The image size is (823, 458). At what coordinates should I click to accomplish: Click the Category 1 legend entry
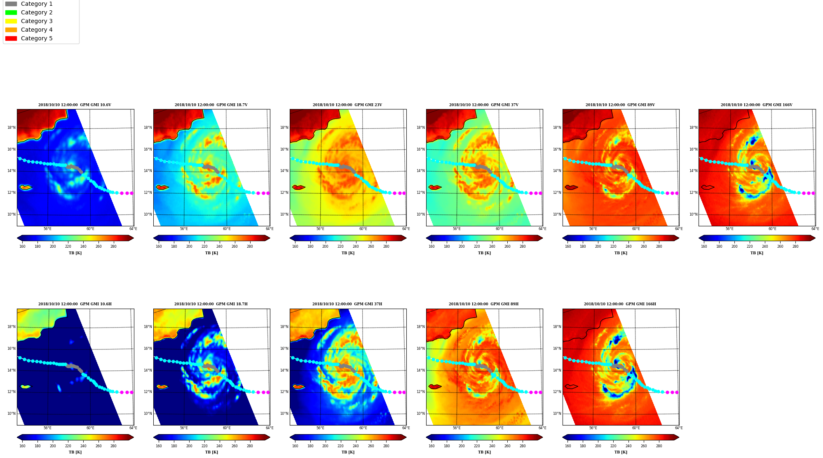click(29, 4)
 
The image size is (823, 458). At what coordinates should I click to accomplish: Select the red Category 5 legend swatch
click(11, 38)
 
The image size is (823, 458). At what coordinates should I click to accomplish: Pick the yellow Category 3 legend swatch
click(11, 21)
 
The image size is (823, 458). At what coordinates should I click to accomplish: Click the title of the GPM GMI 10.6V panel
click(75, 105)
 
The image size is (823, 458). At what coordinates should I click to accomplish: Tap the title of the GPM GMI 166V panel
click(756, 105)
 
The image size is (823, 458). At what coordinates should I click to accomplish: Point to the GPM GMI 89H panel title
click(483, 304)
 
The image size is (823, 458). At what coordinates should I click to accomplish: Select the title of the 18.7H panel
click(211, 304)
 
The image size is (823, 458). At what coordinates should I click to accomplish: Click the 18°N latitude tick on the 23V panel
click(284, 128)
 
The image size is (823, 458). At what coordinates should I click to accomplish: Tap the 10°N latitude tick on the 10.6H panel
click(11, 414)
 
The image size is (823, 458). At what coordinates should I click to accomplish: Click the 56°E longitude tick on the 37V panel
click(457, 229)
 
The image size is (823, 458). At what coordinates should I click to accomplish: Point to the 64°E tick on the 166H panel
click(679, 428)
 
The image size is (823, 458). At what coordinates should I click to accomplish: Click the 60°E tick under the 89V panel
click(636, 229)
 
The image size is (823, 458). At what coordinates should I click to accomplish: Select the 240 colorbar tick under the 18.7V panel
click(219, 246)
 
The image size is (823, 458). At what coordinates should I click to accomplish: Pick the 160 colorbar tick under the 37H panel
click(295, 446)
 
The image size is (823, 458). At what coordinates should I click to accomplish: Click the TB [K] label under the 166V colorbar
click(757, 253)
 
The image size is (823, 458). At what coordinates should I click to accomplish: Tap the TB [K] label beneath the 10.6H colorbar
click(75, 452)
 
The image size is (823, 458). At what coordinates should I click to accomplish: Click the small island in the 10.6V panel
click(26, 187)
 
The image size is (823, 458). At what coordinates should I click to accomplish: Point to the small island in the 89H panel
click(435, 387)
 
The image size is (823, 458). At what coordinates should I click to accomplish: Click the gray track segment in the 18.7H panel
click(211, 367)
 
